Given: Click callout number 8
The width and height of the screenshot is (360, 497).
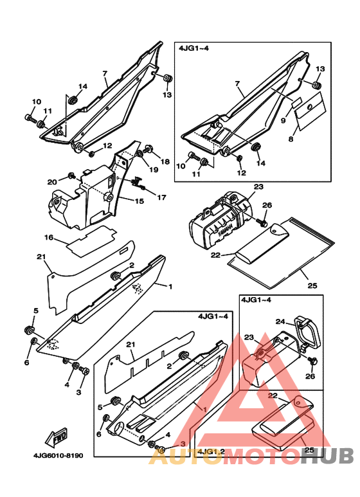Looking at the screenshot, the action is point(291,138).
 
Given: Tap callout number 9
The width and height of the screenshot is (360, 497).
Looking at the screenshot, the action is point(283,120).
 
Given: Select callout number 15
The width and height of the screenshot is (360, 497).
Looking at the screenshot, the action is point(139,201).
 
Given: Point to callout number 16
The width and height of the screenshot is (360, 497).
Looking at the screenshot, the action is point(49,237).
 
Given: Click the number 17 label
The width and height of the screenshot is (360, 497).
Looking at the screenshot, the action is point(161,197).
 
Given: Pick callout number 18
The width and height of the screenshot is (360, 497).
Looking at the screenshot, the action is point(165,161).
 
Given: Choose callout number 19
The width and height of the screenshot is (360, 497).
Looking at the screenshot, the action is point(154,170).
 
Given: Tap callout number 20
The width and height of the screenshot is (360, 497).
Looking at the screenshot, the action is point(52,182).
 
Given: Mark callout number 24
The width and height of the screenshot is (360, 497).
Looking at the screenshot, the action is point(280,321).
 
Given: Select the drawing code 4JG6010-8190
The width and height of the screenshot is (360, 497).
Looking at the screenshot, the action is point(59,455).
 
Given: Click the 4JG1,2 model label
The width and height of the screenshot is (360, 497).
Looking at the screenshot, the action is point(211,451).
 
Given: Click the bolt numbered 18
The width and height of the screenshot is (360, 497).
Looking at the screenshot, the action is point(148,148).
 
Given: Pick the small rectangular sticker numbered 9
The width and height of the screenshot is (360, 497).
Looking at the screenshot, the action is point(296,103).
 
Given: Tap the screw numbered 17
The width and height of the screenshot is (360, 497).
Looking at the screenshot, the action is point(138,183).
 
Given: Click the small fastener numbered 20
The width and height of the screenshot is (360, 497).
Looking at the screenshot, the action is point(71,176).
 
